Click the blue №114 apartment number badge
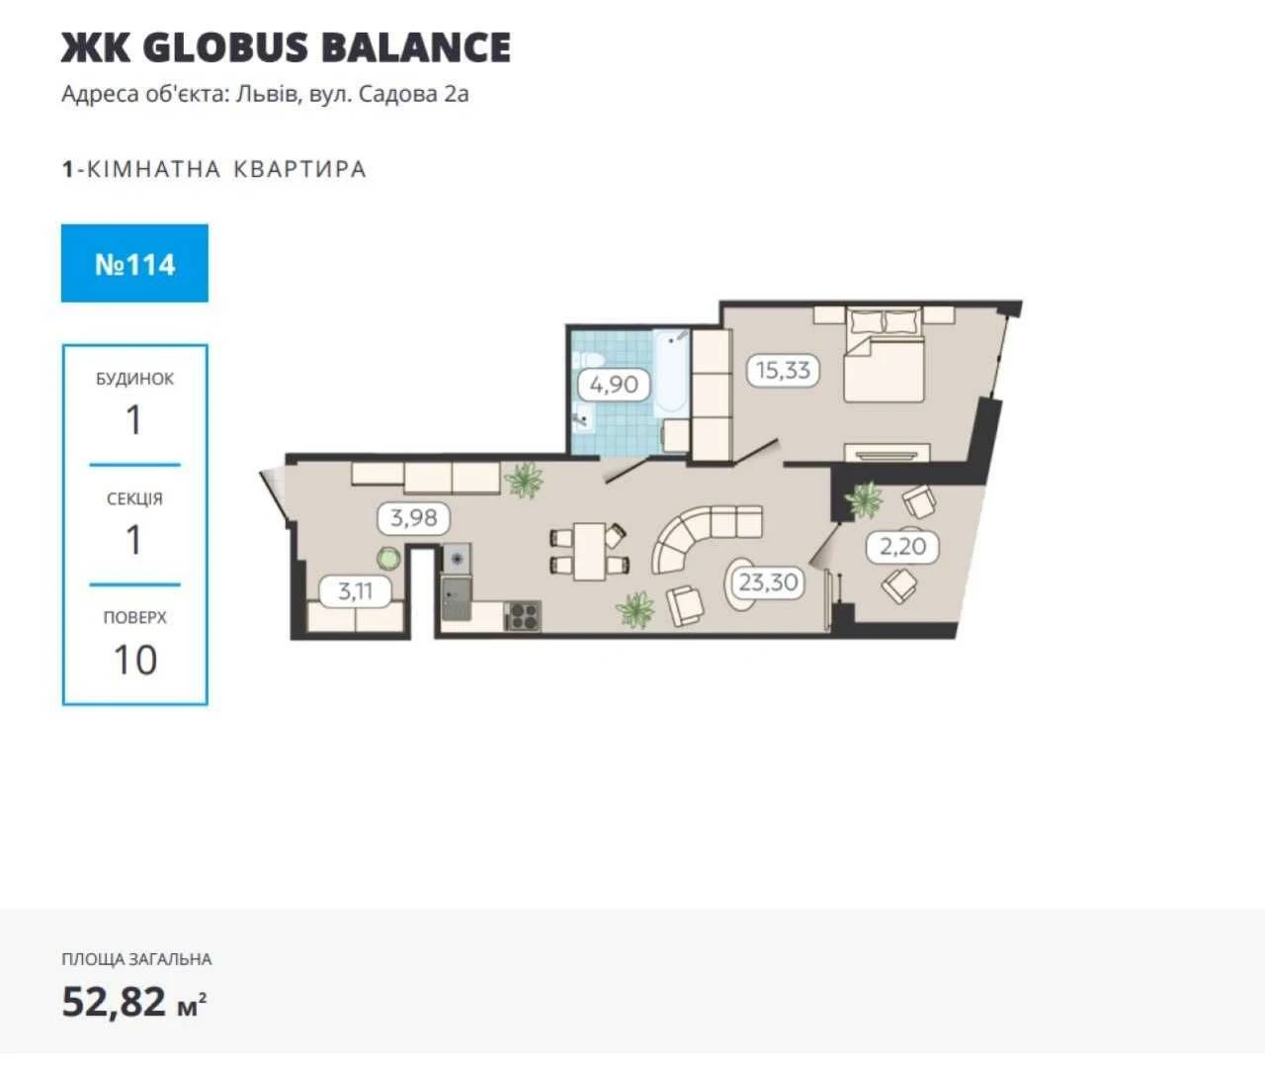coord(134,263)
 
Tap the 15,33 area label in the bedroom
coord(783,370)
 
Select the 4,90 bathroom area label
coord(614,385)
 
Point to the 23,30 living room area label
coord(768,582)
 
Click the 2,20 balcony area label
coord(902,547)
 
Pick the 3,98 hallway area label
coord(414,518)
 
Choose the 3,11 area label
coord(355,590)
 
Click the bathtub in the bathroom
coord(671,374)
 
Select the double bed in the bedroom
coord(885,355)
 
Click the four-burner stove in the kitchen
coord(522,616)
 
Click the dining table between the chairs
coord(589,552)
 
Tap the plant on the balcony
coord(863,499)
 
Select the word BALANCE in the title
coord(416,47)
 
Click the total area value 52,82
coord(114,1001)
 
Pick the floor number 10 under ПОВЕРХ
coord(135,660)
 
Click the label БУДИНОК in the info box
coord(134,379)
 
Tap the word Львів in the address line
coord(267,94)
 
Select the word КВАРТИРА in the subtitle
coord(300,168)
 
